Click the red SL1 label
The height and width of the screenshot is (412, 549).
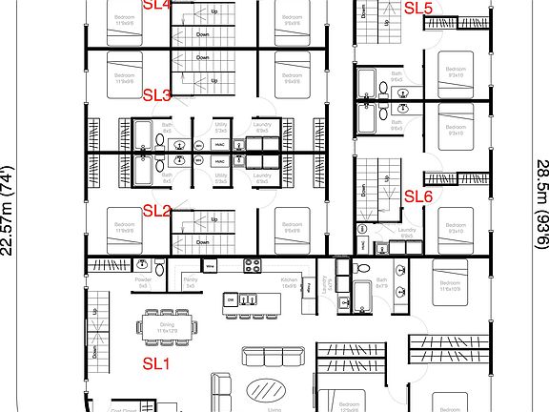pos(155,362)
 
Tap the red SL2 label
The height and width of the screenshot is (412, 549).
pos(156,211)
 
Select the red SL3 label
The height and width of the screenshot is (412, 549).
pos(156,95)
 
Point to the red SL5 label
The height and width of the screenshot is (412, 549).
pos(418,9)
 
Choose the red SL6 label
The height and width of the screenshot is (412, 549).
pos(418,196)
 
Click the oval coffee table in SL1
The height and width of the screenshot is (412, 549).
pos(265,389)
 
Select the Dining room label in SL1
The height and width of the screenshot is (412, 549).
pos(167,328)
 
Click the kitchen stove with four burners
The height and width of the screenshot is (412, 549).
pos(253,267)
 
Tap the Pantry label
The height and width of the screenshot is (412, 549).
pos(190,283)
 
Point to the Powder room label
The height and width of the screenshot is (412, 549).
pos(143,283)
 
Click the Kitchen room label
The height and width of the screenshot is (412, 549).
pos(290,283)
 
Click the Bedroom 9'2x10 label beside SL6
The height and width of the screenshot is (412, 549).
pos(455,229)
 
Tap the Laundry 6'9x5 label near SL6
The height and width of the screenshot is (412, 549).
pos(406,232)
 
